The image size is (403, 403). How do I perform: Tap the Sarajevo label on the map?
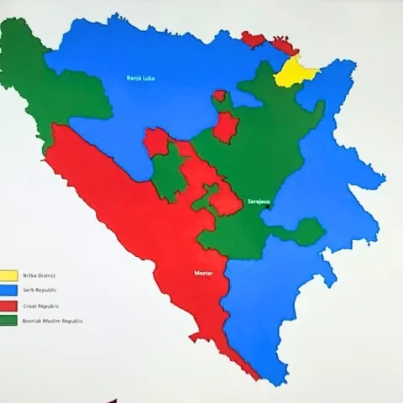coord(257,202)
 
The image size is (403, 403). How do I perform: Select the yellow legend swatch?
coord(9,275)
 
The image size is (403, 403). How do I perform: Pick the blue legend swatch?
coord(9,290)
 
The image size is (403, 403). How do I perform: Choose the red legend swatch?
coord(9,306)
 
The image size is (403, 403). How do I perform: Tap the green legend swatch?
coord(9,321)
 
